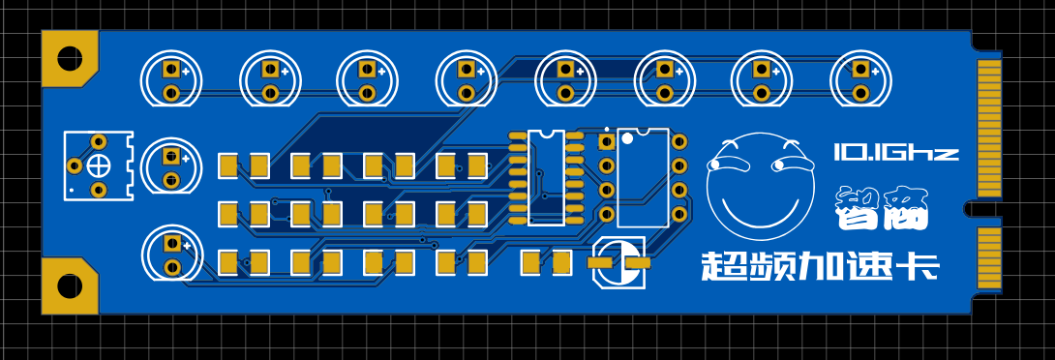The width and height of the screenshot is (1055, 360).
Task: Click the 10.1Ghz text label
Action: click(x=895, y=151)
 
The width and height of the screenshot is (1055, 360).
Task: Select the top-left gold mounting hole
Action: click(x=70, y=58)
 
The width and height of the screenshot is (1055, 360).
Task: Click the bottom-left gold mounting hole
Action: click(x=70, y=286)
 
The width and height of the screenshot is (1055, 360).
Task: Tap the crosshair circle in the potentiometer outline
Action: click(x=99, y=165)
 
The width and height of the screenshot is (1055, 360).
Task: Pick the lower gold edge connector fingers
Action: click(x=988, y=258)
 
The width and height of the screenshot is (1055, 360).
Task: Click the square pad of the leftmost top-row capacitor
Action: click(x=171, y=69)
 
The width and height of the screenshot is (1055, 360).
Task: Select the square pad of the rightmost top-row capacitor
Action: click(x=859, y=69)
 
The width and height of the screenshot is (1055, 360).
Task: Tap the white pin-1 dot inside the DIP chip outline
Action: click(x=627, y=138)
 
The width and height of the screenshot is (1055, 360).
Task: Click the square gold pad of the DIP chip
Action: click(x=606, y=142)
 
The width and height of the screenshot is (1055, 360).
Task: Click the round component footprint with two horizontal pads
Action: click(x=620, y=262)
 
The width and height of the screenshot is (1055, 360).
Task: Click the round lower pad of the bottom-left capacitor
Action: click(x=172, y=266)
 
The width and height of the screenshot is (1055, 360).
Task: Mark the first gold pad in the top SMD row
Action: click(x=228, y=165)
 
